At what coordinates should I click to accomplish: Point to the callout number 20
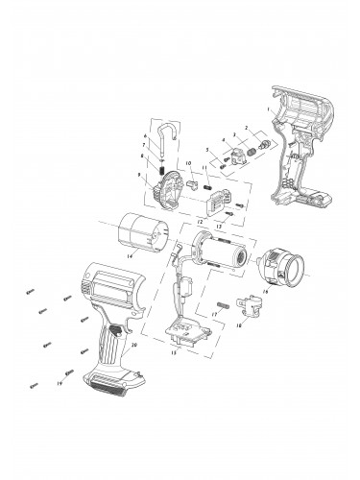click(x=133, y=345)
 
